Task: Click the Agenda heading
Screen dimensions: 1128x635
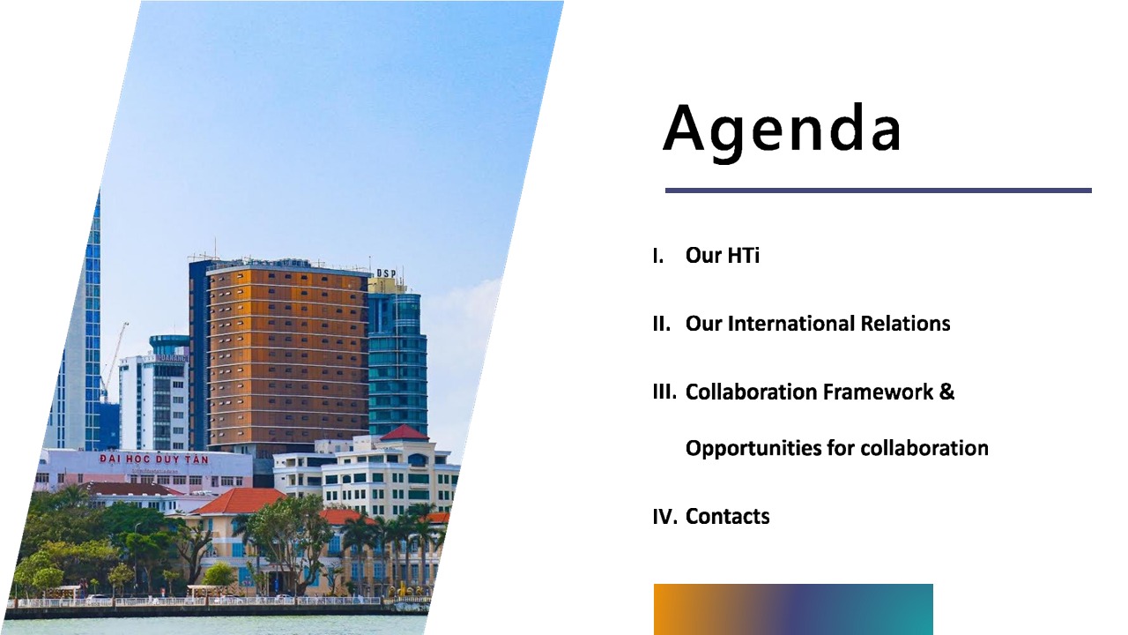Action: (x=782, y=130)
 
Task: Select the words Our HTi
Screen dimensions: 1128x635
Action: (x=722, y=255)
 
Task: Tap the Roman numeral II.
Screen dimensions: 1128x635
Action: (x=661, y=324)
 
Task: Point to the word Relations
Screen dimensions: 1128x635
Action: (x=905, y=324)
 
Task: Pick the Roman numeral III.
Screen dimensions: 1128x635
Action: (x=664, y=392)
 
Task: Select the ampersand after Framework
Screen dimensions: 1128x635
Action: (x=946, y=392)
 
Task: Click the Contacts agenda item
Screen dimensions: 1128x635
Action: (x=727, y=517)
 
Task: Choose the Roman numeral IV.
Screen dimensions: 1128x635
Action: (x=665, y=517)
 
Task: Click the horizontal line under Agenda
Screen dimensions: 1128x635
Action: (x=879, y=190)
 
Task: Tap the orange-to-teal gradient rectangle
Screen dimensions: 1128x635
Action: (x=793, y=609)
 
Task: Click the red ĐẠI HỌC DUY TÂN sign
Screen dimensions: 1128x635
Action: (x=153, y=459)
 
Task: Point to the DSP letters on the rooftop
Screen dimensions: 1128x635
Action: (x=386, y=273)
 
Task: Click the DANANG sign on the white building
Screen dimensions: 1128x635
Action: (x=174, y=358)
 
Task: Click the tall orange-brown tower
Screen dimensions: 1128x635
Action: (x=287, y=358)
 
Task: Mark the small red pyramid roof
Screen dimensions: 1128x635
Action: (x=404, y=432)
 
